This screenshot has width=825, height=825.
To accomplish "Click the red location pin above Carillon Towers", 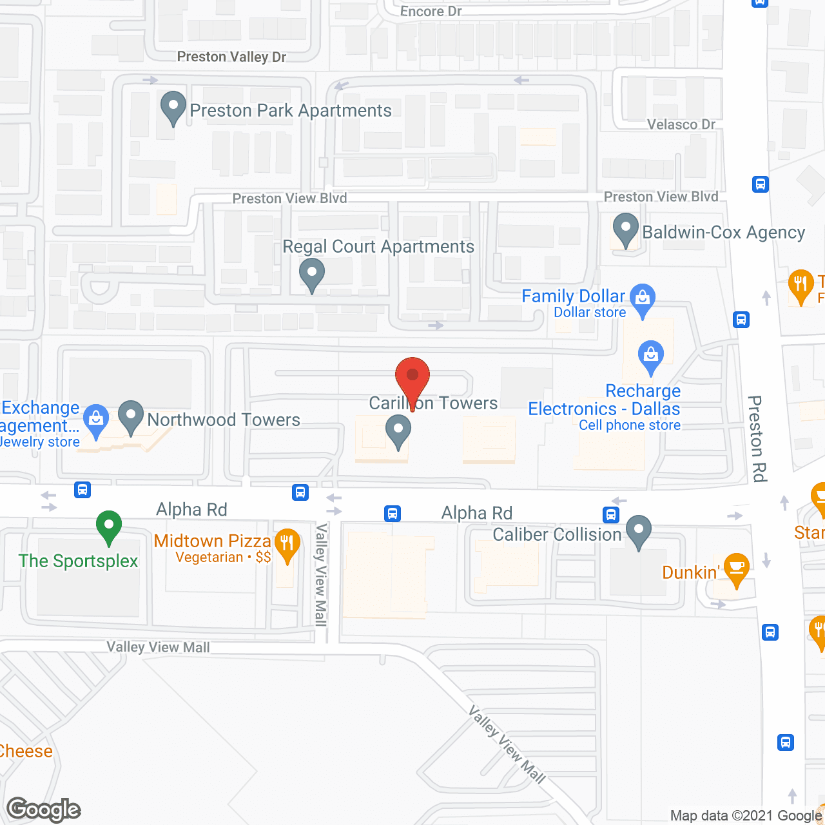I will [x=412, y=378].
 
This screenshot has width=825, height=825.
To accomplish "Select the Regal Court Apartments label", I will [x=378, y=247].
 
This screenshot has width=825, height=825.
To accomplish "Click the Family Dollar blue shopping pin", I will [x=642, y=298].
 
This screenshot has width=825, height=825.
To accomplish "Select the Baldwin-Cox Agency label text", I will [x=724, y=232].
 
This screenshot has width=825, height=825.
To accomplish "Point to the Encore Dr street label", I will [x=431, y=11].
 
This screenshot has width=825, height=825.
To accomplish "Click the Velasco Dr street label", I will [x=681, y=124].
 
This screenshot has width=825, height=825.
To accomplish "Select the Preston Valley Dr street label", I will [x=231, y=57].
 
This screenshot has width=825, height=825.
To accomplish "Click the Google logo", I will [x=44, y=810].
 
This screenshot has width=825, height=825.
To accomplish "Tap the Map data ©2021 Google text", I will [x=746, y=816].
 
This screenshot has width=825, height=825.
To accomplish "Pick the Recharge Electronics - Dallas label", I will [x=605, y=400].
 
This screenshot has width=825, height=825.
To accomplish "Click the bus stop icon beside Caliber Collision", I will [x=611, y=514].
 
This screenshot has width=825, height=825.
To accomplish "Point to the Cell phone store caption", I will [x=629, y=425].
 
